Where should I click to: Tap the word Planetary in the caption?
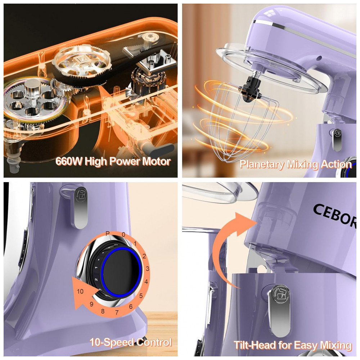tap(261, 165)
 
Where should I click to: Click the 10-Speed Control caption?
tap(130, 342)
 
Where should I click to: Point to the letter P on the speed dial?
tap(107, 234)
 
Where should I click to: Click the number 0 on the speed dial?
tap(123, 235)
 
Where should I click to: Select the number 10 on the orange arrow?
tap(80, 291)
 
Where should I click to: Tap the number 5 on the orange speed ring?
tap(141, 296)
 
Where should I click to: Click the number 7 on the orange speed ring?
tap(117, 312)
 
